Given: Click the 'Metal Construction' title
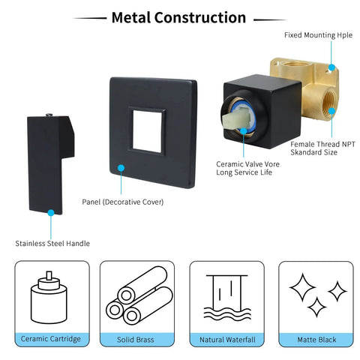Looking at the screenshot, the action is [178, 18].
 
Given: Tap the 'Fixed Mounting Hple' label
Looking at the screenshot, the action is [318, 35].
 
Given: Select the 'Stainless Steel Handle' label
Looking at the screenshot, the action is [52, 243].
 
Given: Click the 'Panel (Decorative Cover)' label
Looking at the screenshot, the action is [123, 202].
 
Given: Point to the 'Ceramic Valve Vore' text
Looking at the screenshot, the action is [247, 164].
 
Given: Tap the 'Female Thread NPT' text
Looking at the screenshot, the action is [322, 144].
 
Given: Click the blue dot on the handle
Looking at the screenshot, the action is [51, 213].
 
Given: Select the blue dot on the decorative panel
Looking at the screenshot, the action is [121, 168].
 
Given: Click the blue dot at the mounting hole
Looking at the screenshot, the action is [331, 67].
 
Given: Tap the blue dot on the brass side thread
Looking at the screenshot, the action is [331, 111].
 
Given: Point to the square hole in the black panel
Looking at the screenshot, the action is [147, 131].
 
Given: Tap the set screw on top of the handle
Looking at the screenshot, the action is [49, 115].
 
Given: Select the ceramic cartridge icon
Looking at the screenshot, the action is [49, 297].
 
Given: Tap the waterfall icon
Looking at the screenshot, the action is [227, 298].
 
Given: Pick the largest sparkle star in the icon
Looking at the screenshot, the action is [302, 287].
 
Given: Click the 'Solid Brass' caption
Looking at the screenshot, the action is [136, 340].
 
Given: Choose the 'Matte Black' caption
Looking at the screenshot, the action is [316, 340].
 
